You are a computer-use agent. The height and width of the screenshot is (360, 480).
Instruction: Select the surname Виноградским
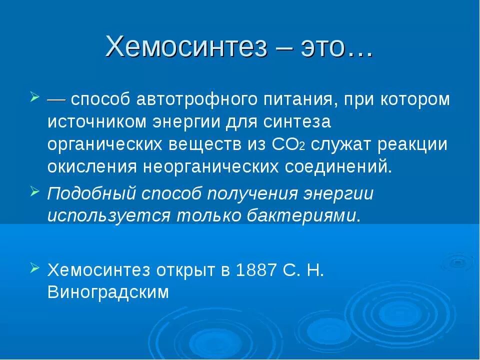tap(108, 292)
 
